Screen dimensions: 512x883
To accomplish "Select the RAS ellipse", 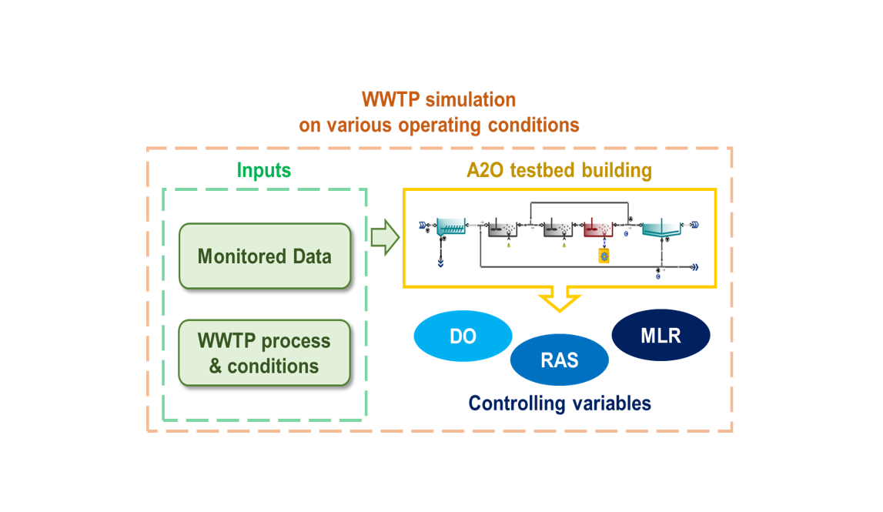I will tap(559, 360).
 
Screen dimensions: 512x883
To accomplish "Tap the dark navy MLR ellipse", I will tap(661, 336).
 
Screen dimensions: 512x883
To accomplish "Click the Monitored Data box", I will tap(264, 256).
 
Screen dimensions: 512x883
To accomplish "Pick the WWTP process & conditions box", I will tap(264, 353).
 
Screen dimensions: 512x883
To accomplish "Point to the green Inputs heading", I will tap(263, 170).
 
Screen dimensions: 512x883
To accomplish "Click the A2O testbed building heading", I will tap(559, 170).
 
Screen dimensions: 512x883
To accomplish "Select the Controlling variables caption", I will tap(560, 403).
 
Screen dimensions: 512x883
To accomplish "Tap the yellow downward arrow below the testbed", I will tap(560, 300).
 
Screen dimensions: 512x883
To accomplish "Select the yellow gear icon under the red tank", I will tap(604, 255).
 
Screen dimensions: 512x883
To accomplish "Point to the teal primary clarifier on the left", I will tap(450, 226).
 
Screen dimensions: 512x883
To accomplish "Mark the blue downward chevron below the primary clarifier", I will tap(441, 262).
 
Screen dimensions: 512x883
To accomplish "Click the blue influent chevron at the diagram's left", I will tap(422, 226).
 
